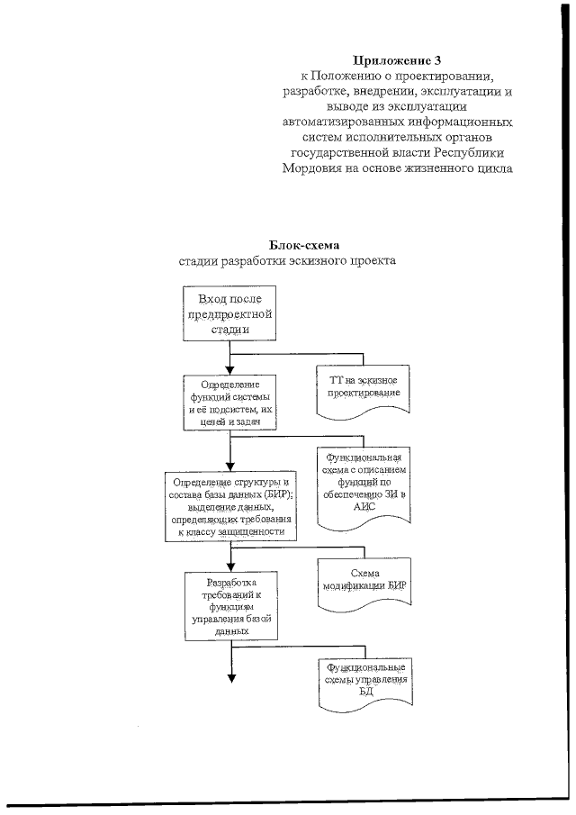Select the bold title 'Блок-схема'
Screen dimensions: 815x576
tap(305, 245)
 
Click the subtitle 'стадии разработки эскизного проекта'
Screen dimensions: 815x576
tap(287, 261)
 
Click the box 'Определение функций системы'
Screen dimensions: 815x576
tap(232, 402)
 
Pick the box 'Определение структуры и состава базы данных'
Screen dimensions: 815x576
tap(230, 507)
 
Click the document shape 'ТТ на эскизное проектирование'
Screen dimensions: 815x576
tap(363, 389)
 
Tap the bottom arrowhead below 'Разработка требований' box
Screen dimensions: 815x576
tap(232, 680)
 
